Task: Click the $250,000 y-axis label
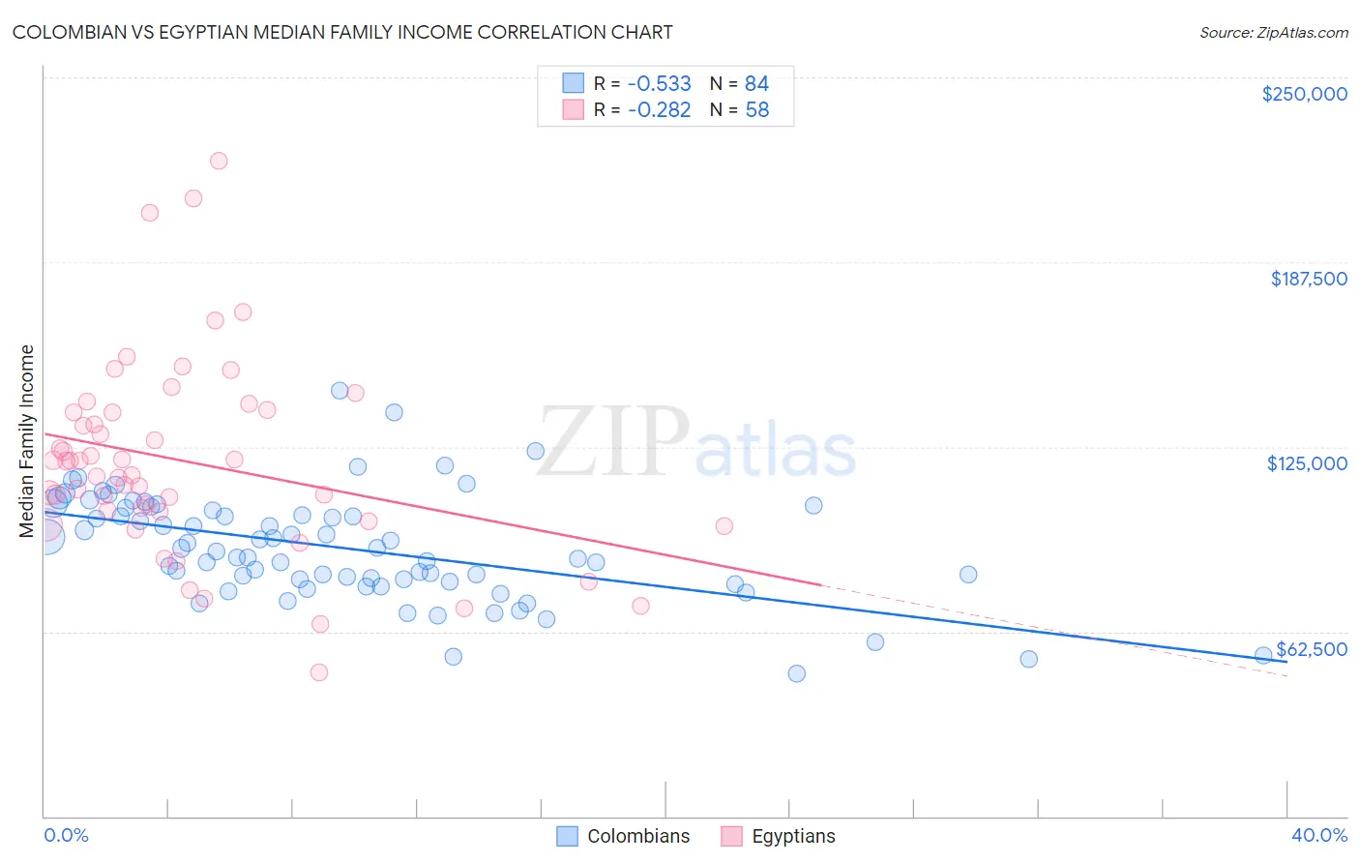click(x=1304, y=94)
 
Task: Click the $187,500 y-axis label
click(x=1308, y=279)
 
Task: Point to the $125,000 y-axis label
click(x=1307, y=463)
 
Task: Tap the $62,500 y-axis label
click(x=1312, y=649)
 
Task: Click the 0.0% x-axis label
click(x=66, y=836)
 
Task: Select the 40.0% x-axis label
click(x=1319, y=836)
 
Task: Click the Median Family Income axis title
click(x=27, y=441)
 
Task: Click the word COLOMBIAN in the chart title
click(x=66, y=32)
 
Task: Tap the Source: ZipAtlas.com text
click(x=1273, y=32)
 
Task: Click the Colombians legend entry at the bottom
click(x=638, y=836)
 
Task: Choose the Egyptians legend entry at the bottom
click(x=793, y=836)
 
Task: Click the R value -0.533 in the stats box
click(x=659, y=83)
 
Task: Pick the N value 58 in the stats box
click(x=757, y=110)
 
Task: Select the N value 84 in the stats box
click(x=757, y=83)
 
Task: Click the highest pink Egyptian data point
click(x=219, y=161)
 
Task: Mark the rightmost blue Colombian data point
click(x=1262, y=655)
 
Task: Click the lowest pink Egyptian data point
click(x=319, y=672)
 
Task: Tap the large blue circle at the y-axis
click(x=44, y=535)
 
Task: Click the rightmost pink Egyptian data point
click(x=724, y=526)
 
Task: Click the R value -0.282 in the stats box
click(x=659, y=110)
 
